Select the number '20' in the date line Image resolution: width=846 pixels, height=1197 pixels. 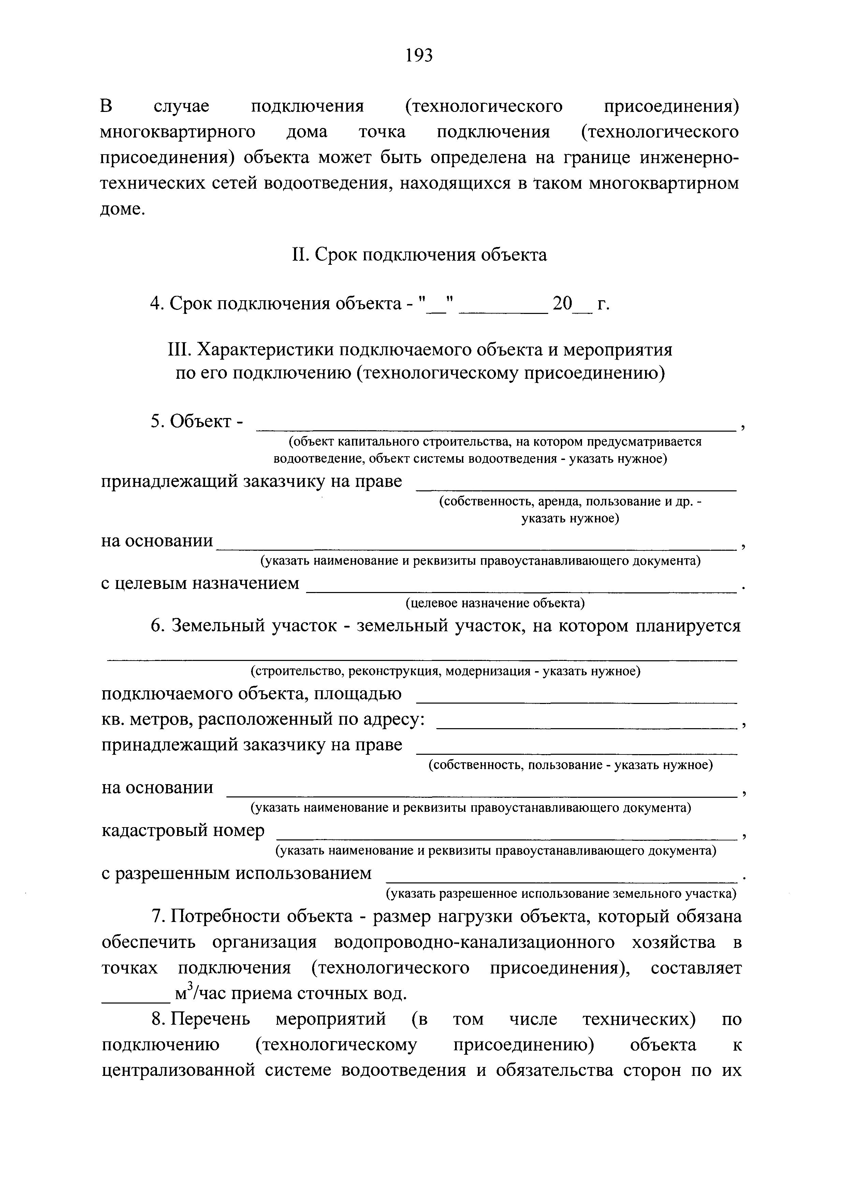coord(563,303)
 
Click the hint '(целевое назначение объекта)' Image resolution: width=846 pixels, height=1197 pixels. coord(495,603)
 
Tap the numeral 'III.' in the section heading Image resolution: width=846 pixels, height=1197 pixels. coord(180,350)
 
